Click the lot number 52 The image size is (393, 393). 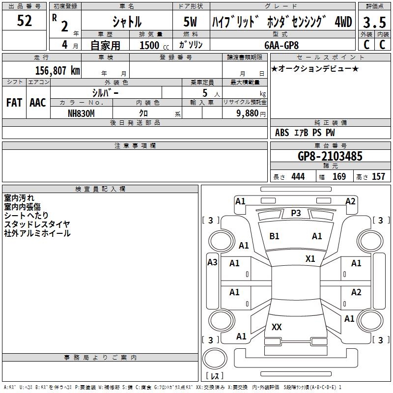(x=24, y=21)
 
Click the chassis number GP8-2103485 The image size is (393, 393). (x=330, y=156)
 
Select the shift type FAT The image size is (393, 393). (x=14, y=103)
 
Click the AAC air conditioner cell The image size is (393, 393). (x=38, y=103)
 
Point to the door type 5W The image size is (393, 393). (x=191, y=22)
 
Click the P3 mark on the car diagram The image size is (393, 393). (x=296, y=213)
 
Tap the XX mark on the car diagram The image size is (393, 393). (x=277, y=327)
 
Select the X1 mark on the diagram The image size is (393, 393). (x=310, y=258)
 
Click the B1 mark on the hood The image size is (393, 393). (x=274, y=236)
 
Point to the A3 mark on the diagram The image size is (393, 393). (x=212, y=262)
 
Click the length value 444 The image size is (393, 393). (x=298, y=177)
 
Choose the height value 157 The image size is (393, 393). (x=378, y=177)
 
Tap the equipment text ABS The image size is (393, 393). (x=282, y=133)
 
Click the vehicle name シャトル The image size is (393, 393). (x=127, y=22)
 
